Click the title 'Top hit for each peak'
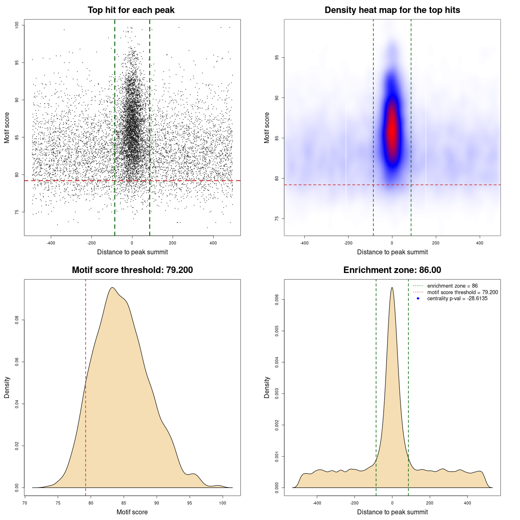coord(131,10)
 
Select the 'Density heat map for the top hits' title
coord(392,10)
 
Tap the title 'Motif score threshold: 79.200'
coord(132,270)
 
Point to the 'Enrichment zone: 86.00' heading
coord(392,270)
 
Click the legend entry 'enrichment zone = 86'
coord(452,286)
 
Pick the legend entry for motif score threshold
coord(462,292)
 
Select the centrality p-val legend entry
coord(457,299)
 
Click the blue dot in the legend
coord(418,299)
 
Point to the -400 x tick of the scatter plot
coord(51,243)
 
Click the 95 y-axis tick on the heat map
coord(277,58)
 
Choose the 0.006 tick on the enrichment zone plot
coord(277,300)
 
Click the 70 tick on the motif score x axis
coord(25,503)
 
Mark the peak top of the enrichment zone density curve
coord(392,288)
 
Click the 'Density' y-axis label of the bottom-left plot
coord(7,387)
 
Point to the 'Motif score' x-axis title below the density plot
coord(132,512)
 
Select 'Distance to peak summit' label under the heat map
coord(392,252)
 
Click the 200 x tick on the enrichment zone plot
coord(430,503)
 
